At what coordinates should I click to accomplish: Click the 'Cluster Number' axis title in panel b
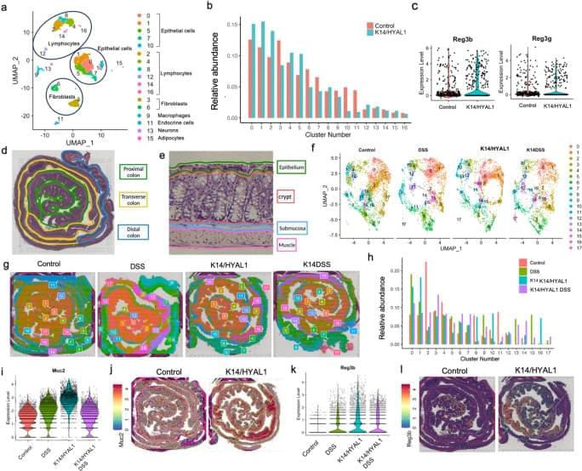[328, 135]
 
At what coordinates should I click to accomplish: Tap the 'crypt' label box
[290, 196]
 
